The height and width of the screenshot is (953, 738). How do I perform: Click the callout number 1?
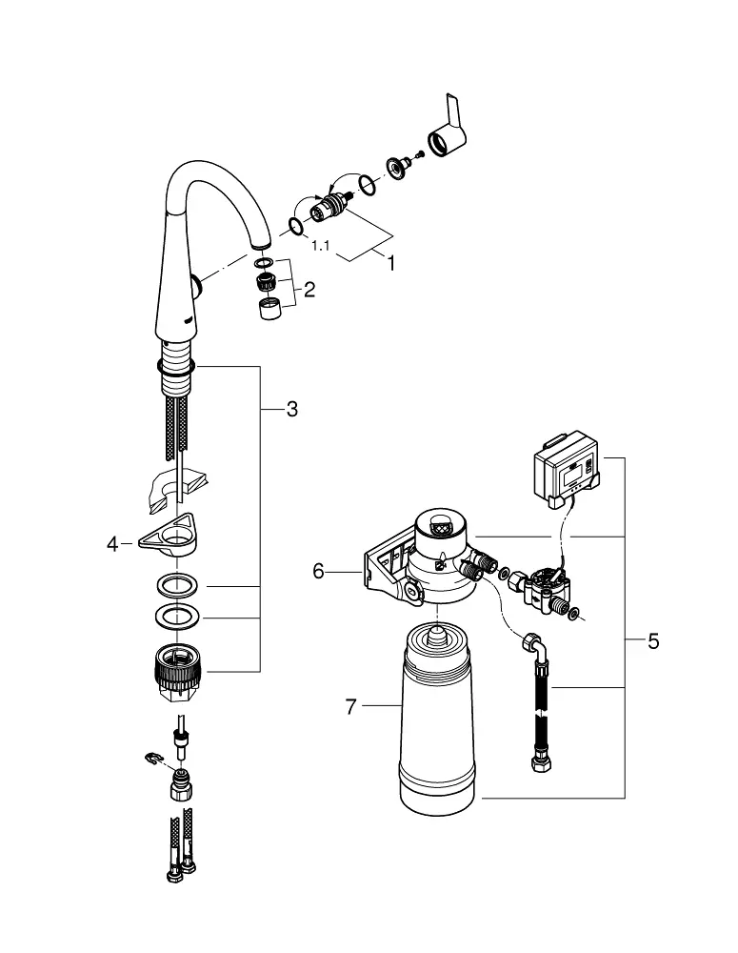(x=391, y=263)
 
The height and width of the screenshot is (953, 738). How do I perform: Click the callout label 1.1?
(x=320, y=246)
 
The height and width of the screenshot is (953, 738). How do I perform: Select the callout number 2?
(x=309, y=290)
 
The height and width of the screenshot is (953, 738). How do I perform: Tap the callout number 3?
(x=292, y=409)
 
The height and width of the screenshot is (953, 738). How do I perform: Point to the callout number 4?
(x=112, y=544)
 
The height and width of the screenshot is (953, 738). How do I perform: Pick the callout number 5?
(x=653, y=641)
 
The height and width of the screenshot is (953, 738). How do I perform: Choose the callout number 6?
(x=318, y=571)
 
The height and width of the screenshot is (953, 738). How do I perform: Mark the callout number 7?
(x=350, y=707)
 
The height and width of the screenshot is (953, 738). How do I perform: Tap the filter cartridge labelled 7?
(x=436, y=718)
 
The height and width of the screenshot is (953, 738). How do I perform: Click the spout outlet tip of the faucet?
(x=261, y=244)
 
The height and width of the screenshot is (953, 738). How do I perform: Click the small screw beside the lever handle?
(x=419, y=157)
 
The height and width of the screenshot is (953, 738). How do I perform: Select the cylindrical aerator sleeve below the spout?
(x=269, y=309)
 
